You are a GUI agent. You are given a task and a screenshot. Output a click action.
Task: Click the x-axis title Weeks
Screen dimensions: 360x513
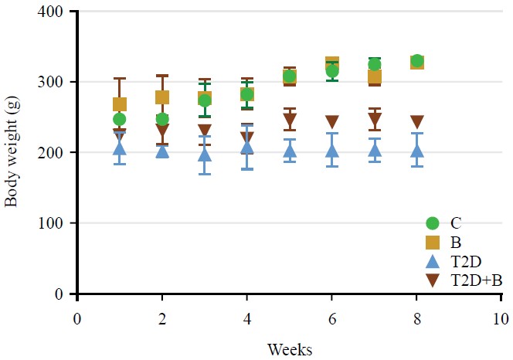click(290, 350)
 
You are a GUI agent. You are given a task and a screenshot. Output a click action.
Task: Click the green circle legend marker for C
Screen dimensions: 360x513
click(433, 223)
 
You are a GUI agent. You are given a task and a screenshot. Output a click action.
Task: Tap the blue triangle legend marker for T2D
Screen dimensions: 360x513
click(433, 262)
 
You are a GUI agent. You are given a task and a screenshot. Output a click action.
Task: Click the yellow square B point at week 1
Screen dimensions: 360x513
click(120, 104)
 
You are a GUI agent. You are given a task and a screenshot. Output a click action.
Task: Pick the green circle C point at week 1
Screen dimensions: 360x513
click(120, 119)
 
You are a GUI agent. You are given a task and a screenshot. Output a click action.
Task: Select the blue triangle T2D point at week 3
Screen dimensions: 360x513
click(205, 154)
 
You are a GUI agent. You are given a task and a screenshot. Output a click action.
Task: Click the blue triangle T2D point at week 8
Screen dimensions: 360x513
click(416, 151)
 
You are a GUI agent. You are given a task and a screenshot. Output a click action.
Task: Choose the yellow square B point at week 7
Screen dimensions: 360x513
click(374, 76)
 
